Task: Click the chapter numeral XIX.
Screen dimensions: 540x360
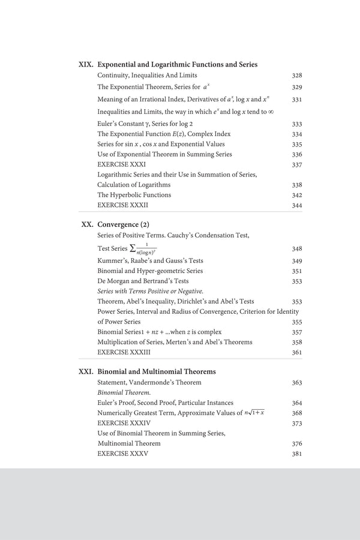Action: click(86, 64)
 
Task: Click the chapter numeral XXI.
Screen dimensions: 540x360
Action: click(86, 371)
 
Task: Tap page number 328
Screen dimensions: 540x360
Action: click(296, 76)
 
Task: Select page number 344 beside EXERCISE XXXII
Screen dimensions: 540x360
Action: click(296, 205)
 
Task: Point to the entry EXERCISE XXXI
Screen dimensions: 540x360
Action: click(121, 164)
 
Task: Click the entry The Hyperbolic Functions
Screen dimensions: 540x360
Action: click(134, 195)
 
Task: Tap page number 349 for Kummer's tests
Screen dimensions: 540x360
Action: click(296, 261)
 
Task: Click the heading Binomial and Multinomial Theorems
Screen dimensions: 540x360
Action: click(157, 371)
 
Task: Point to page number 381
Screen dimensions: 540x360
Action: click(296, 454)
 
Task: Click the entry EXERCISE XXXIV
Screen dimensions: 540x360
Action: click(122, 423)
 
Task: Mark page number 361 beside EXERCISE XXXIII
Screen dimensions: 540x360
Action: click(296, 352)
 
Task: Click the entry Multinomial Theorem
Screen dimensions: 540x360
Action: click(130, 443)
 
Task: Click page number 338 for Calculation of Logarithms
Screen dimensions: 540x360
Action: click(296, 185)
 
